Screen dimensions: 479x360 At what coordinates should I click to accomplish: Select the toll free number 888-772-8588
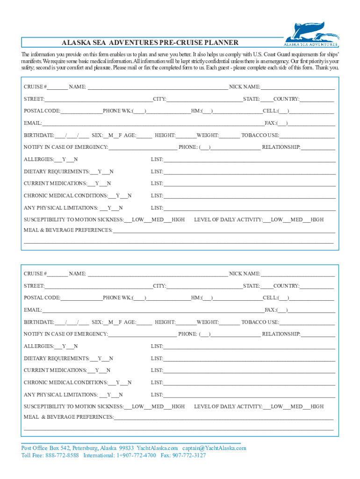62,455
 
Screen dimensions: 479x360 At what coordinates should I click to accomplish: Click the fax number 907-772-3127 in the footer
189,455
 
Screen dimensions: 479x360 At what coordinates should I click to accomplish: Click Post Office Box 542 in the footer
46,448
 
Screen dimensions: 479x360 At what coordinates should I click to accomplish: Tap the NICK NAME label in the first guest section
244,87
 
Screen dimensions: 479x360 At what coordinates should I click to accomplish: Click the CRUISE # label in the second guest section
35,274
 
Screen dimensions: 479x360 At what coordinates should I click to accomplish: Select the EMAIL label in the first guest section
33,123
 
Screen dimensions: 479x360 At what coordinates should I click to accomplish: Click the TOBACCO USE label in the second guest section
259,322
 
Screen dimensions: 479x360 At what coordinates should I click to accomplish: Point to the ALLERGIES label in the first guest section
39,160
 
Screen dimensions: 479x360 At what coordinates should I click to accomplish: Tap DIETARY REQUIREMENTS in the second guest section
57,359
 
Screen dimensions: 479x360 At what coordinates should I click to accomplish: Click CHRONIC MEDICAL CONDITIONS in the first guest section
65,196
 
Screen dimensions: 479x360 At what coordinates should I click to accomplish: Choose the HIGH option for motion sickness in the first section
178,220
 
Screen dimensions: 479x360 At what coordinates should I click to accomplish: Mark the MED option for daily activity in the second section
296,407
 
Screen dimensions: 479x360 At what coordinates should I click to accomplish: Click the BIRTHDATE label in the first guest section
39,136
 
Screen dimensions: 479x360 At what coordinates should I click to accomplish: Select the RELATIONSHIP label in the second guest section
281,334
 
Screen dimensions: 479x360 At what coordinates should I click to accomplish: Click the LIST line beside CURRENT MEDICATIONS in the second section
248,370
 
